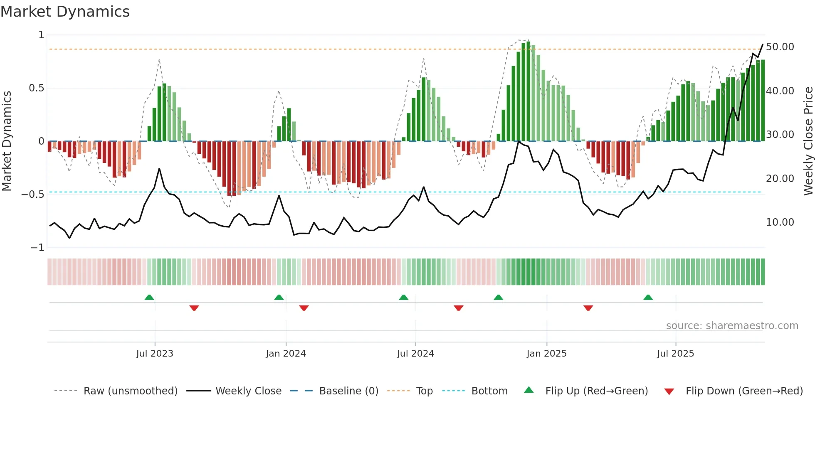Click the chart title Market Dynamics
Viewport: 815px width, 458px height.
(65, 12)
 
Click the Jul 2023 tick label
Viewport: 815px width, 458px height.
(155, 354)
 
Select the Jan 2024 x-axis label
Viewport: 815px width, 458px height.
(286, 354)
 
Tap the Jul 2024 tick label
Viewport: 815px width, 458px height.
(415, 354)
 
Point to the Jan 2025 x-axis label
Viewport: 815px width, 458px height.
(546, 354)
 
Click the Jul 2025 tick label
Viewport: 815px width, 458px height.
(676, 354)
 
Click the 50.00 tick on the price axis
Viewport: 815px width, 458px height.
(780, 47)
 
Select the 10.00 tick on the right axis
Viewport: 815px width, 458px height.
(780, 222)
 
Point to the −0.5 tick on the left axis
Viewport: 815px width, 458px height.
(33, 195)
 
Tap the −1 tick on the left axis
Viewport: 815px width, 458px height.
(37, 248)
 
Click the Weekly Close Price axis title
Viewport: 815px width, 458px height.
(808, 141)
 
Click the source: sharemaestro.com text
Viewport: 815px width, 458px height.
(732, 326)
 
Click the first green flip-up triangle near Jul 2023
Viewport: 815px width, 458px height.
(149, 297)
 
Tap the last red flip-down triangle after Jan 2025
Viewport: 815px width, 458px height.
(588, 308)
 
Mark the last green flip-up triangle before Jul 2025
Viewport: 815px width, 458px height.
(648, 297)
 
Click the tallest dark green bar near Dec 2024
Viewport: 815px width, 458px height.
(528, 91)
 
